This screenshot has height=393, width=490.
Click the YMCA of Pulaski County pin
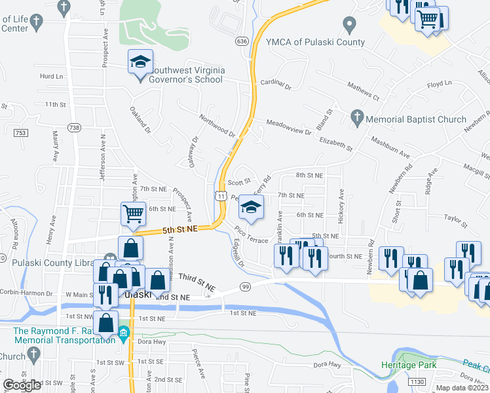tap(349, 26)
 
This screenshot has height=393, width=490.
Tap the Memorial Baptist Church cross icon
tap(357, 118)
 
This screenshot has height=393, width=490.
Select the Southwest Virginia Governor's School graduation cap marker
tap(140, 64)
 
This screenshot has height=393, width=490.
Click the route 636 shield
tap(242, 41)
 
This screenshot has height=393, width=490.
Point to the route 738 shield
tap(74, 128)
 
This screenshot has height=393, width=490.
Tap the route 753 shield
tap(21, 133)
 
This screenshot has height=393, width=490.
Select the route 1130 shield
tap(416, 381)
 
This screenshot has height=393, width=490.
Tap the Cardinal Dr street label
tap(275, 83)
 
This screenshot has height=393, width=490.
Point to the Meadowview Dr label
tap(289, 127)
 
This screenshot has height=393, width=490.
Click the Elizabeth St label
tap(335, 140)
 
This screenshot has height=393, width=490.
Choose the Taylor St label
tap(453, 221)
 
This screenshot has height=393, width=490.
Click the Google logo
tap(22, 385)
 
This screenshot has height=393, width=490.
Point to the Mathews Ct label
tap(364, 92)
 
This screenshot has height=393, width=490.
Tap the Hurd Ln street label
tap(49, 77)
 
